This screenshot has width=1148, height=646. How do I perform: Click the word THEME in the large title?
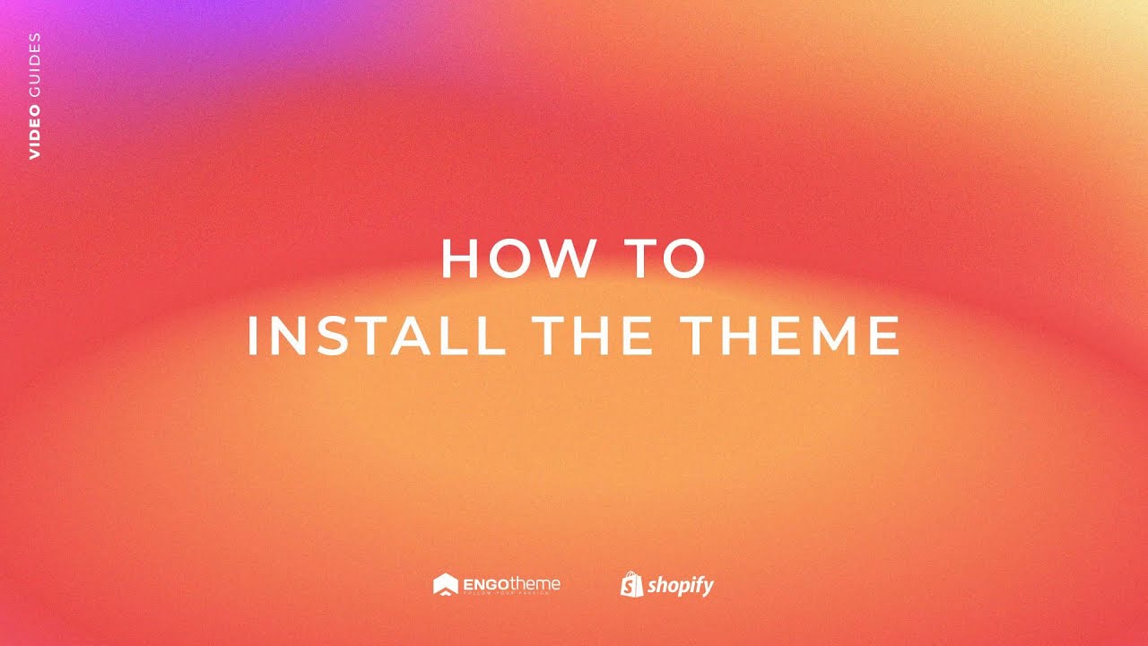[x=790, y=336]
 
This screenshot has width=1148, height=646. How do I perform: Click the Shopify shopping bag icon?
[x=631, y=585]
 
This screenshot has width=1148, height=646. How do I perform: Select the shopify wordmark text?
[x=681, y=587]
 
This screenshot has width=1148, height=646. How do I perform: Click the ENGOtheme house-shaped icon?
[x=446, y=585]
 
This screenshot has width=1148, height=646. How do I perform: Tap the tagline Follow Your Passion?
[x=511, y=595]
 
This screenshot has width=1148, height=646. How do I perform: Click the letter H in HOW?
[x=457, y=258]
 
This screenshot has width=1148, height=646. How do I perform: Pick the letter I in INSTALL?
[x=253, y=336]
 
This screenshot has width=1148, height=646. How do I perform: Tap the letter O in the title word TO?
[x=686, y=258]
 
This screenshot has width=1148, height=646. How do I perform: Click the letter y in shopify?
[x=707, y=589]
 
